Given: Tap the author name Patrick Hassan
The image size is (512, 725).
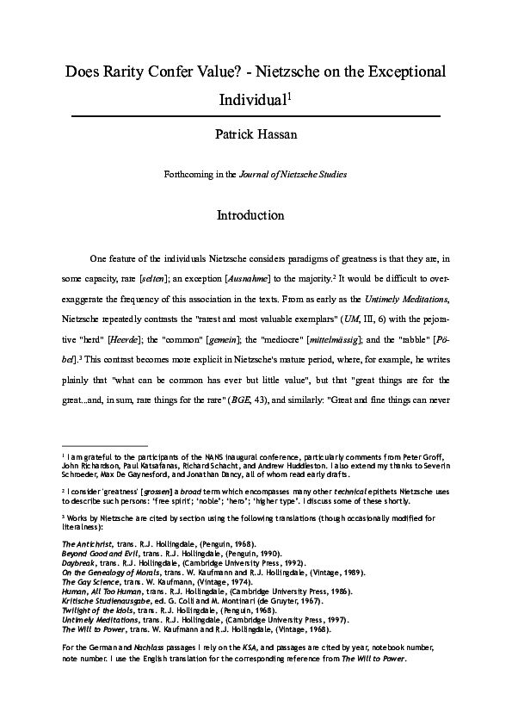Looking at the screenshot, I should pyautogui.click(x=256, y=133).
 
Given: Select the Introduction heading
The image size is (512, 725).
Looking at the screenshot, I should pyautogui.click(x=256, y=214).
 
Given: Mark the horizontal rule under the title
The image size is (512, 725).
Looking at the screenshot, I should pyautogui.click(x=256, y=115).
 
